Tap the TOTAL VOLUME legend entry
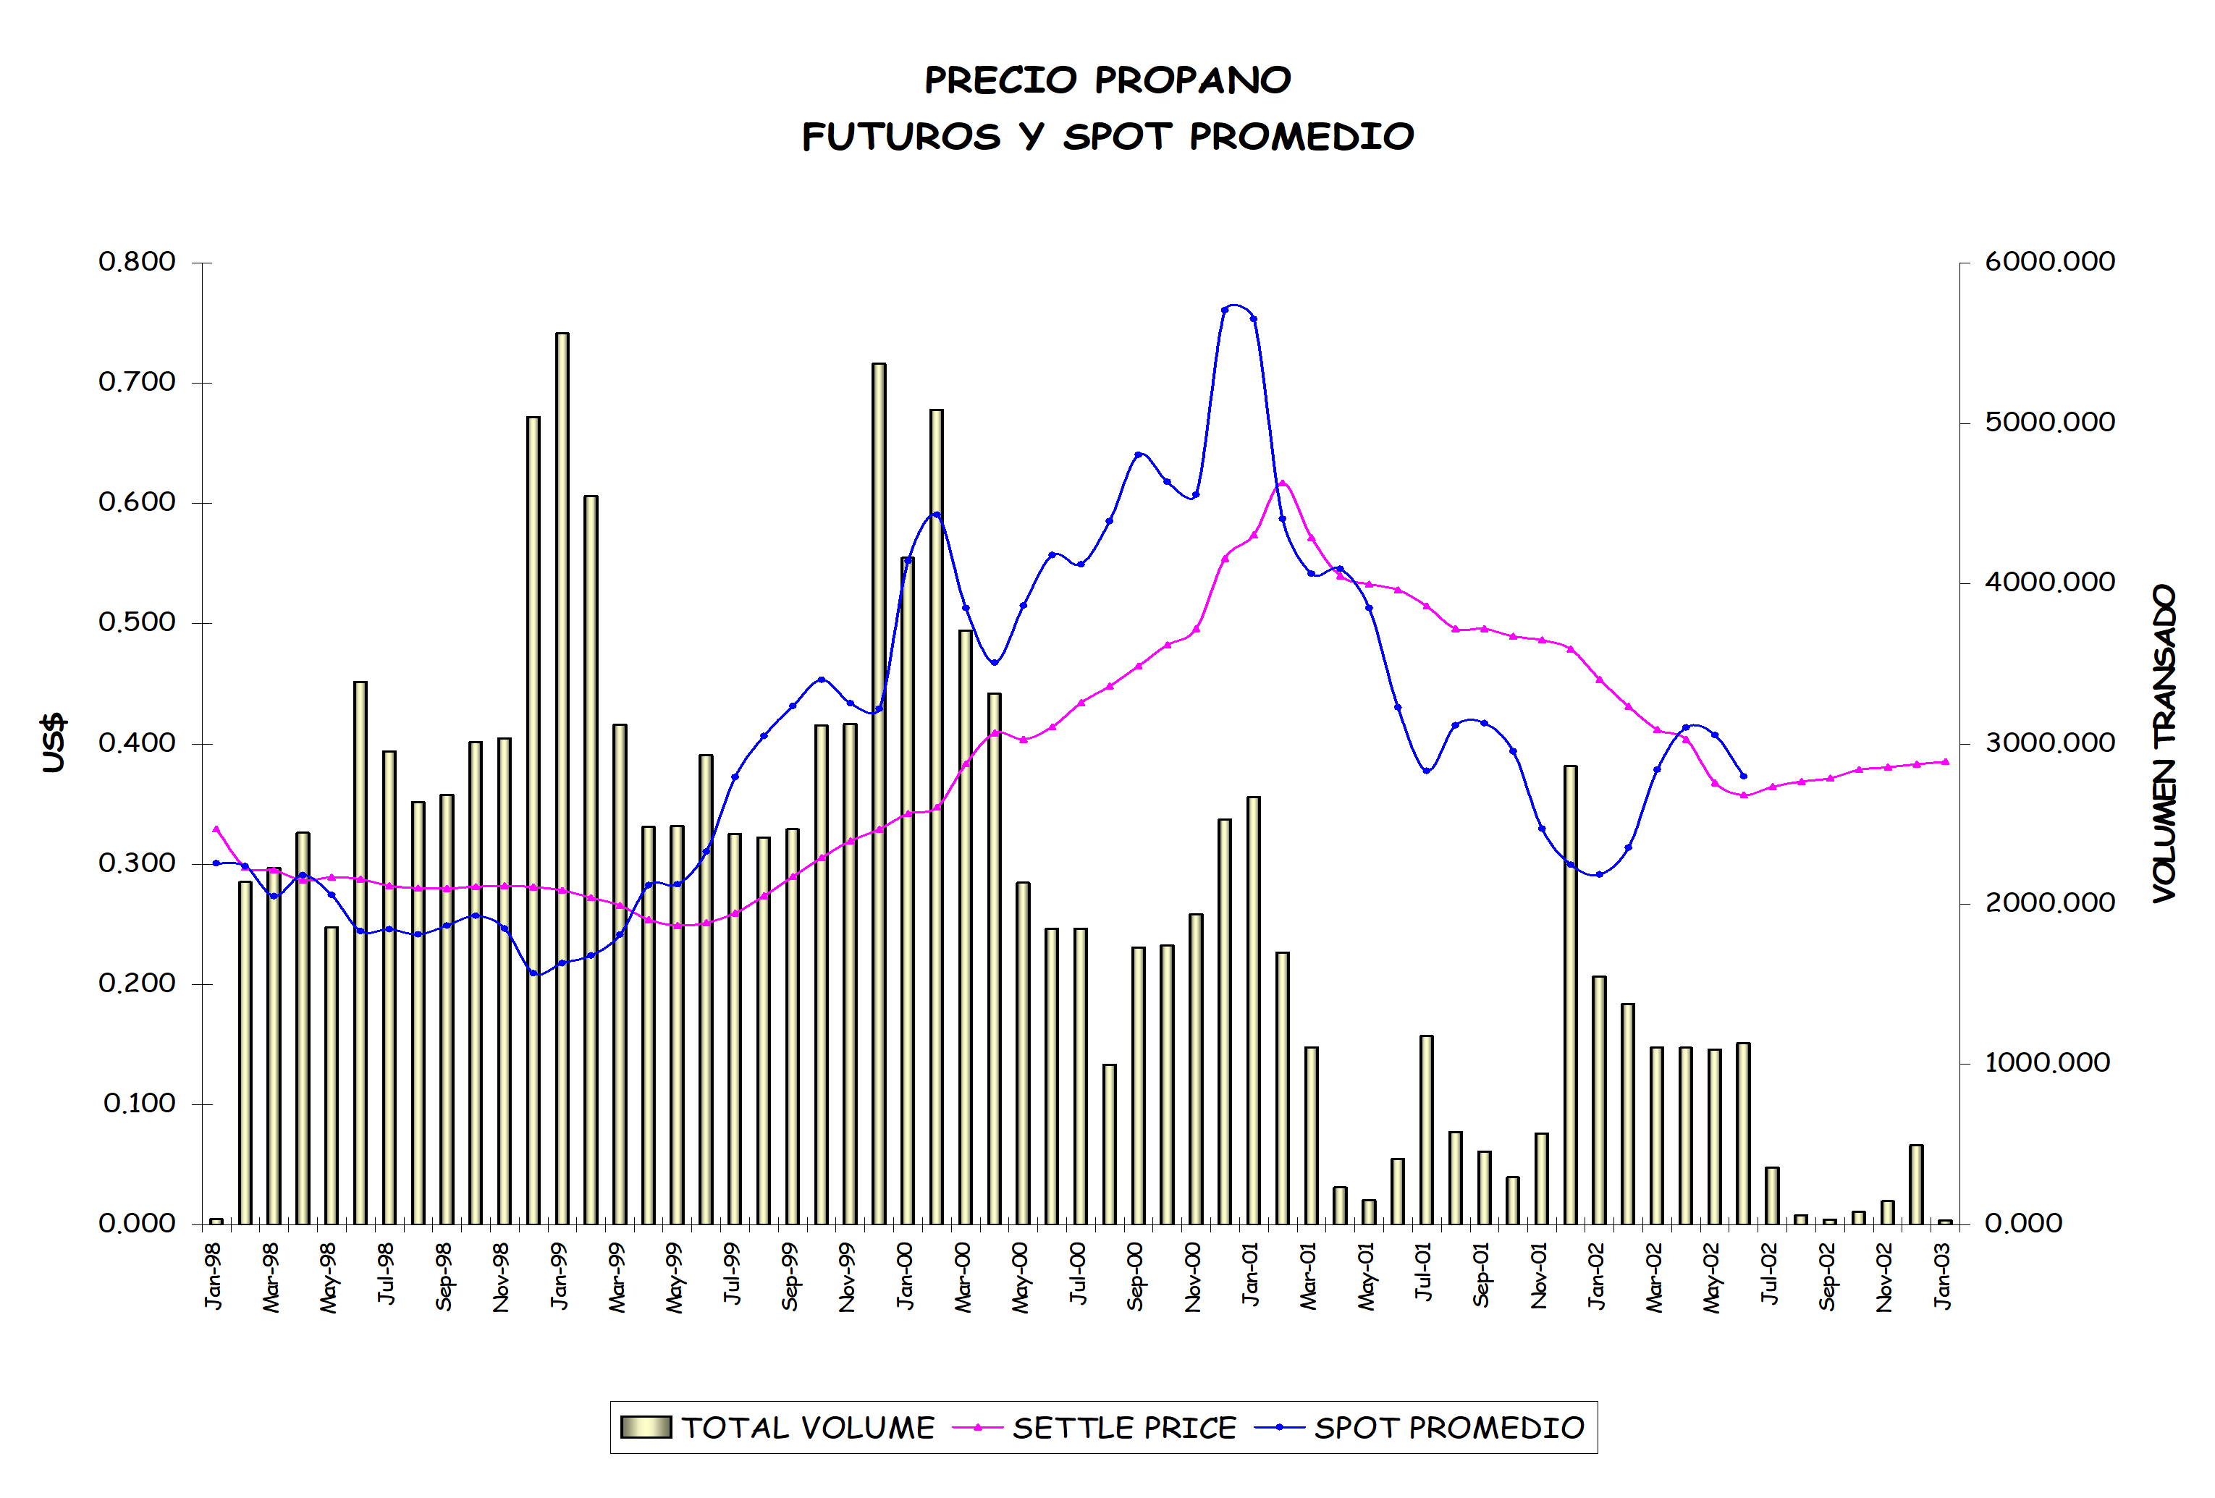click(x=777, y=1428)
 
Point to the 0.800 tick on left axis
click(x=138, y=261)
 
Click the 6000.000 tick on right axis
click(x=2050, y=261)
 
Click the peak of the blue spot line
click(x=1235, y=305)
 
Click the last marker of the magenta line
click(x=1945, y=761)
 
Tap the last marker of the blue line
click(x=1743, y=776)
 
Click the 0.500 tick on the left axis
click(x=138, y=622)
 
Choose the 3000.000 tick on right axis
click(x=2050, y=742)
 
